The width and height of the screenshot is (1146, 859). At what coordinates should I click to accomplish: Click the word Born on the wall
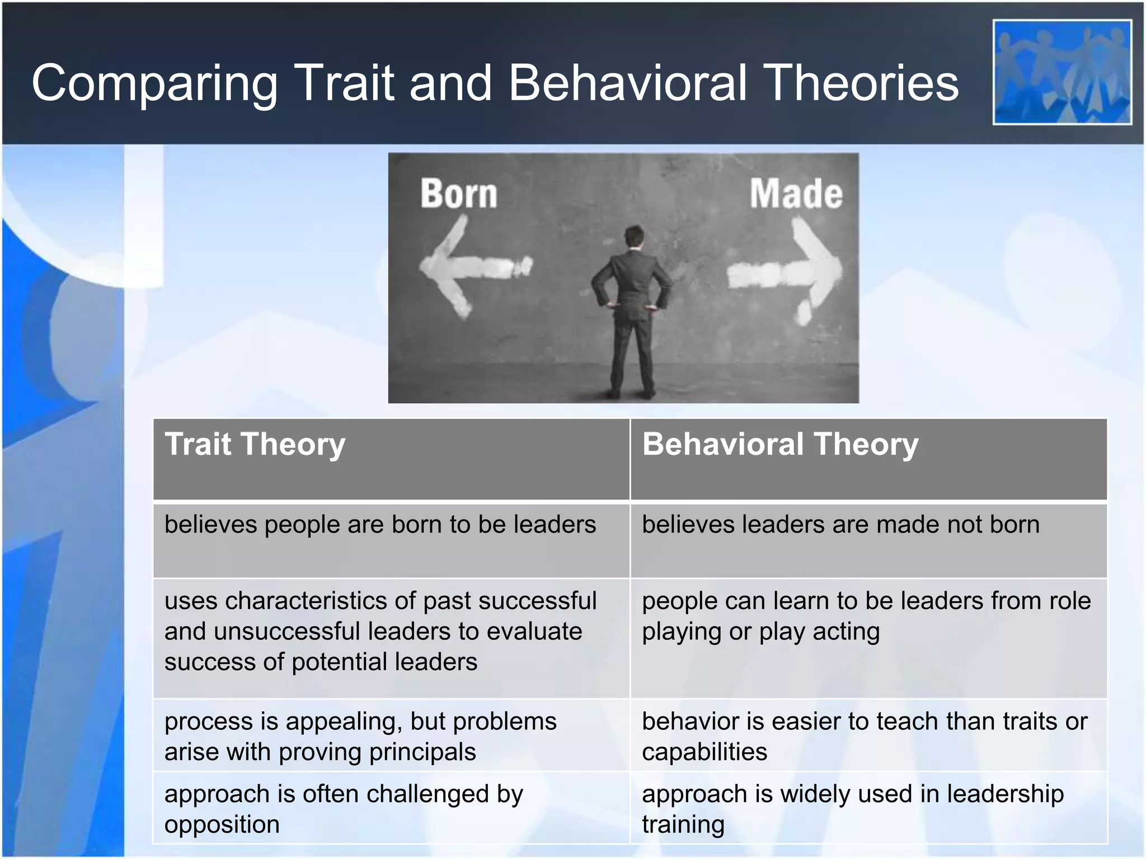[x=459, y=194]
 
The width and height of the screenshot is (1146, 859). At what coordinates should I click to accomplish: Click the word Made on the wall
[x=796, y=194]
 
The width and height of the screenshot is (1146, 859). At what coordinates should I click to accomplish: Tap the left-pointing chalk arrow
[x=470, y=267]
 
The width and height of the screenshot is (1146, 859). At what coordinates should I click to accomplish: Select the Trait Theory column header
[x=255, y=445]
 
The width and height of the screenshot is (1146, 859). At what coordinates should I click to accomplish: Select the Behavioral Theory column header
[x=780, y=445]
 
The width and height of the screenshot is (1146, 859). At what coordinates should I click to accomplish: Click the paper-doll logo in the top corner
[x=1062, y=72]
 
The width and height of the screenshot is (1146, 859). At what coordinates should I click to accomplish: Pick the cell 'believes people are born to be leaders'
[x=381, y=525]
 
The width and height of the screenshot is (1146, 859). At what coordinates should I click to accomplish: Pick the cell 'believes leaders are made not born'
[x=840, y=525]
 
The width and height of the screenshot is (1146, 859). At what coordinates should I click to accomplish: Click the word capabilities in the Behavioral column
[x=704, y=752]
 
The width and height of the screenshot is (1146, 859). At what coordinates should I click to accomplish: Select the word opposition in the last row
[x=222, y=825]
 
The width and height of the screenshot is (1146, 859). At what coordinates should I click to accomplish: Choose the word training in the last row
[x=683, y=825]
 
